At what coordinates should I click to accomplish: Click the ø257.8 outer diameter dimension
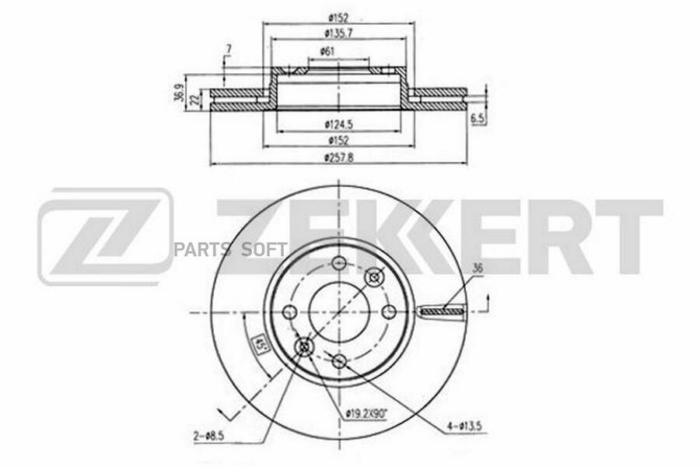coord(338,158)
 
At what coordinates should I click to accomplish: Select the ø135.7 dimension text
coord(338,33)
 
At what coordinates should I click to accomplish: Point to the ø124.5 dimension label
coord(338,124)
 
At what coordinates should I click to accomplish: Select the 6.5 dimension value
coord(478,118)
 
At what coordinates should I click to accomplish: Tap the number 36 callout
coord(477,269)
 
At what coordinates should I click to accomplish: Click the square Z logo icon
coord(105,237)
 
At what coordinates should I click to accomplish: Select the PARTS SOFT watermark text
coord(230,249)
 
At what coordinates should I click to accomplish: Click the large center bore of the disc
coord(338,311)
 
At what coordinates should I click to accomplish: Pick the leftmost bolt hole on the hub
coord(290,312)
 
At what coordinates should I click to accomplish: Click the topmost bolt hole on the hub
coord(338,262)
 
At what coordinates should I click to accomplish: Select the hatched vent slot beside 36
coord(441,312)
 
